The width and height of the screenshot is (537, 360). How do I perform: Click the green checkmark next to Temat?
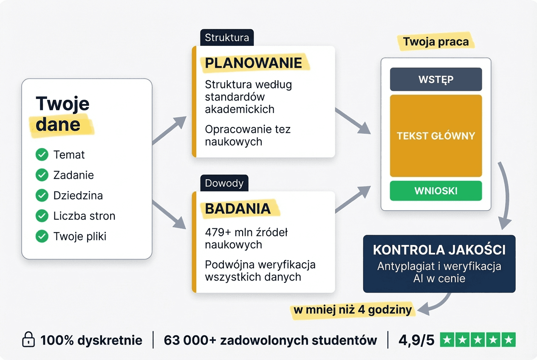(42, 155)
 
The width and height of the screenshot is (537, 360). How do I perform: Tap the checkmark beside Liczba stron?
(42, 216)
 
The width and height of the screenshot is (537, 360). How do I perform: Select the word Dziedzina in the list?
(78, 196)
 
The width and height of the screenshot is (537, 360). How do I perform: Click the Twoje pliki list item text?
(80, 236)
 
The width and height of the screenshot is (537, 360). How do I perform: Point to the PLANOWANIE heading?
(253, 63)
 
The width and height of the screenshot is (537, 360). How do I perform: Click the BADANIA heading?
(238, 208)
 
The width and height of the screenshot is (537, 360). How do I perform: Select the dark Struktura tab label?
(227, 38)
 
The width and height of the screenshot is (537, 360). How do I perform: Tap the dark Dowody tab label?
(224, 183)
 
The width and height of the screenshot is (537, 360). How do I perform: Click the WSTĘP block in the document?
(436, 79)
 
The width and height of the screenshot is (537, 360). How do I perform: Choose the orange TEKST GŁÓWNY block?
(436, 136)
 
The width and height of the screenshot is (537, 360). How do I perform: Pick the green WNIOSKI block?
(436, 191)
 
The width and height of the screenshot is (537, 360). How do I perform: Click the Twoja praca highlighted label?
(436, 42)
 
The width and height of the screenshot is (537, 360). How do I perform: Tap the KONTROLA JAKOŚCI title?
(439, 250)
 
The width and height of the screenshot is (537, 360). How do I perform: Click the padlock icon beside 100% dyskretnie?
(28, 340)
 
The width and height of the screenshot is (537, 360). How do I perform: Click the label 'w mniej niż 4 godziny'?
(353, 310)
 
